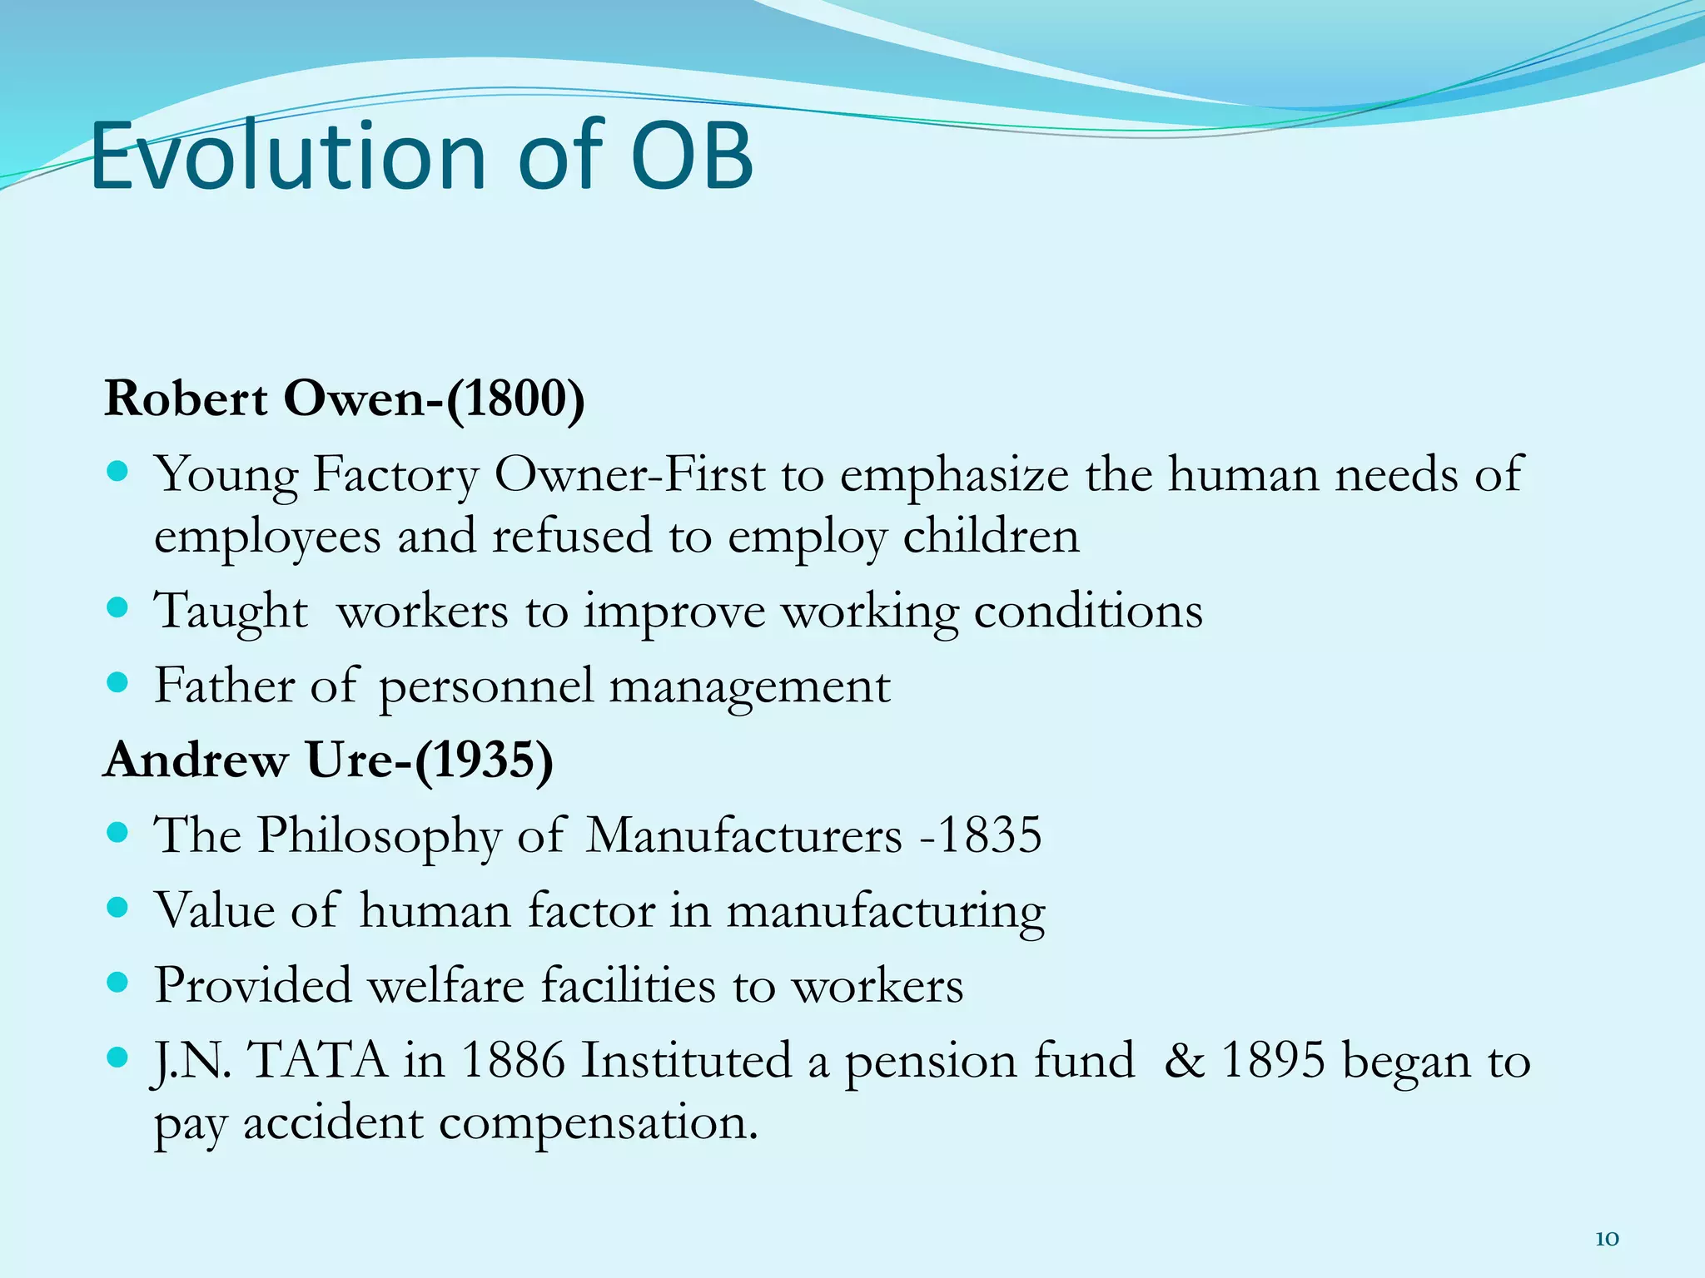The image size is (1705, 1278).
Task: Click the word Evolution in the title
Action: [287, 156]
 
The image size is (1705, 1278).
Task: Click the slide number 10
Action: [1607, 1239]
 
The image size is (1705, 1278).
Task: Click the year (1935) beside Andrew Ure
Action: [484, 760]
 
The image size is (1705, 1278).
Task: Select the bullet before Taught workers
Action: [118, 608]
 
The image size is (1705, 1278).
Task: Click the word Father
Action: [224, 686]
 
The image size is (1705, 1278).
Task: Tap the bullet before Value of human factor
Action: [118, 908]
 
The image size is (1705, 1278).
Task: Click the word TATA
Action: [318, 1061]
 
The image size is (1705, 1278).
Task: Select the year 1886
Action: [512, 1061]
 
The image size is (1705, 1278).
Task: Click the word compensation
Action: [598, 1123]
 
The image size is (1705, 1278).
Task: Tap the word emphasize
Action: [954, 476]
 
